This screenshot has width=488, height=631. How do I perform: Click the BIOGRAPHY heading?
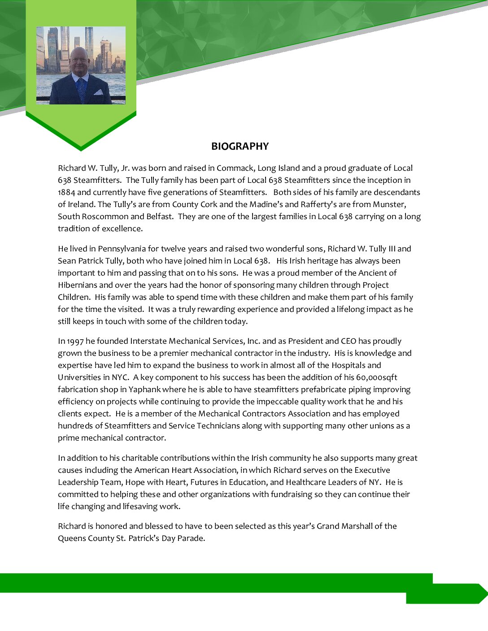pyautogui.click(x=240, y=146)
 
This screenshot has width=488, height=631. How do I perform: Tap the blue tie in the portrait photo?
pyautogui.click(x=81, y=90)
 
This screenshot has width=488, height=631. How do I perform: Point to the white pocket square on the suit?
pyautogui.click(x=98, y=92)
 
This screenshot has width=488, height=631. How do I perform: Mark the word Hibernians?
pyautogui.click(x=78, y=285)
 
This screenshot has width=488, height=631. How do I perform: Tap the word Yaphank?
pyautogui.click(x=144, y=389)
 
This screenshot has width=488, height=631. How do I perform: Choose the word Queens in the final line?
pyautogui.click(x=70, y=538)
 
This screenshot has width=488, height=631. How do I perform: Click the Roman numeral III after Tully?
pyautogui.click(x=389, y=249)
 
